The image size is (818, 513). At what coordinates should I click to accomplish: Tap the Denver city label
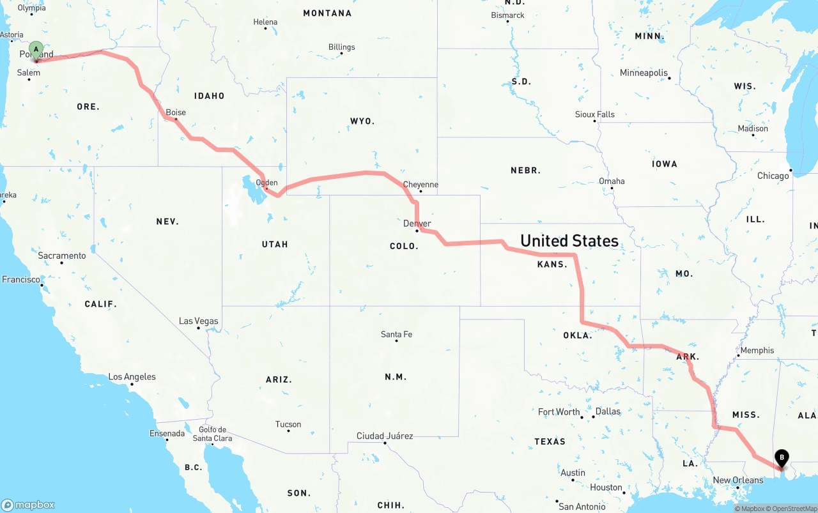417,224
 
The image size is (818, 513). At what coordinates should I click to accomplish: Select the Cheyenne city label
421,185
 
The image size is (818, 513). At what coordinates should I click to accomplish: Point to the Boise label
176,112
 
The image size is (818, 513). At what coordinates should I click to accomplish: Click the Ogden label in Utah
266,183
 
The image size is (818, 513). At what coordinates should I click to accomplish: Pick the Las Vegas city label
198,321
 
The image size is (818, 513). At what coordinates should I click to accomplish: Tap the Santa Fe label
396,334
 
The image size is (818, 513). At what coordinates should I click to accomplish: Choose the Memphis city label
757,350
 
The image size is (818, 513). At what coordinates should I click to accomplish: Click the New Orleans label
738,480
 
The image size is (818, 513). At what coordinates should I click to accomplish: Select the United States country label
569,241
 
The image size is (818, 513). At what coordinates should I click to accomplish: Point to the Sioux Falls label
595,114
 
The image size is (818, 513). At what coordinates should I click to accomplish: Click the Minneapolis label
644,73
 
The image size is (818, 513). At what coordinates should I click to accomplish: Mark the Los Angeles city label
132,377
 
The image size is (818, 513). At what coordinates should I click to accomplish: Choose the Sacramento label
62,256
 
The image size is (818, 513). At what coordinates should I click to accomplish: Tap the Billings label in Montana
342,47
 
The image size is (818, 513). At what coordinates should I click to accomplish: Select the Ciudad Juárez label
385,436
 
